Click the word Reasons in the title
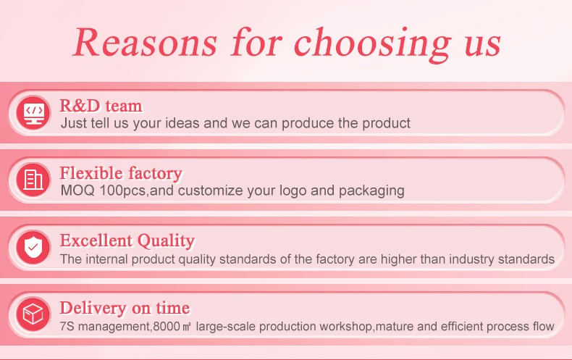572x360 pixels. point(146,42)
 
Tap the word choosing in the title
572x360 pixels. point(372,44)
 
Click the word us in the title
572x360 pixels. point(483,46)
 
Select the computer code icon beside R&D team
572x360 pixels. point(33,112)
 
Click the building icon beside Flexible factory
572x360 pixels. point(33,180)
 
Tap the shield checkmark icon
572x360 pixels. point(33,247)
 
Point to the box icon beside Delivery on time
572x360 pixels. point(33,314)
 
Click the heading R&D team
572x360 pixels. point(101,106)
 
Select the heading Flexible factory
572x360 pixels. point(121,173)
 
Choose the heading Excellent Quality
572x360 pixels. point(127,241)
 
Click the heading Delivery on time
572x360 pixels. point(125,308)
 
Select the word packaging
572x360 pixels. point(371,191)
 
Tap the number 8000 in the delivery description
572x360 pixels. point(167,327)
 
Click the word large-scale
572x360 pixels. point(225,327)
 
